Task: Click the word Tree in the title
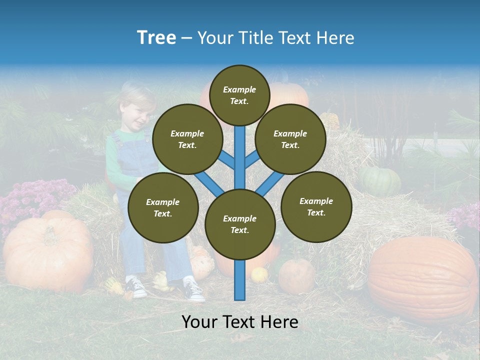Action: [156, 38]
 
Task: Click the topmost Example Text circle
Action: [239, 95]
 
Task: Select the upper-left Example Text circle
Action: [187, 139]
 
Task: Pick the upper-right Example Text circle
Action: [290, 139]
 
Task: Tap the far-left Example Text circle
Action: [163, 208]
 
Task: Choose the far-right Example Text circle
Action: [316, 207]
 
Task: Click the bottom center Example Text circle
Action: [240, 224]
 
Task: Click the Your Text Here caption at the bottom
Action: [240, 322]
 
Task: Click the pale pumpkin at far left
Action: [48, 253]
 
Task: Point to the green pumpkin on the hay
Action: [380, 181]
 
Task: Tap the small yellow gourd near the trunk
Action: [259, 274]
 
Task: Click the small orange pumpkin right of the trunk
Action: [296, 276]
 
